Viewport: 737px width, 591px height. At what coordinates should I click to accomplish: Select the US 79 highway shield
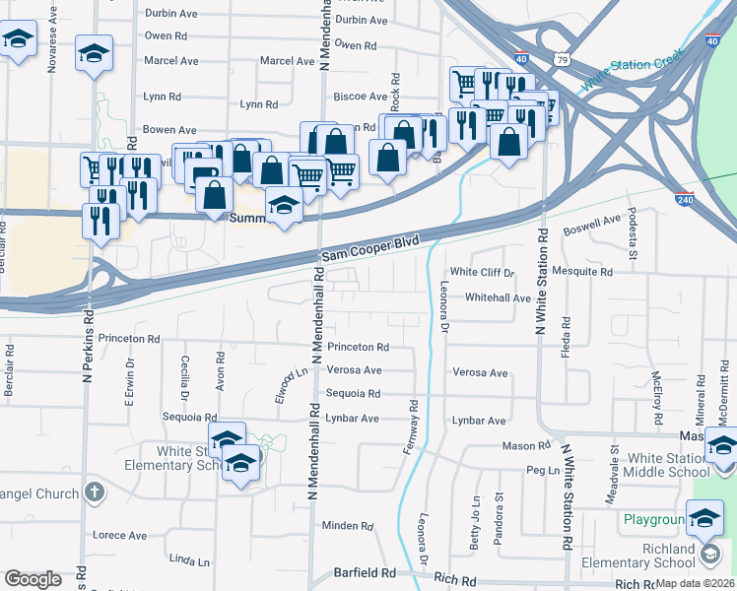point(561,60)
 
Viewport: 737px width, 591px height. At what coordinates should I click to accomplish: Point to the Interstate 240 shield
point(685,198)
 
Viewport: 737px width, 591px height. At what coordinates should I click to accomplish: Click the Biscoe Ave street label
point(361,97)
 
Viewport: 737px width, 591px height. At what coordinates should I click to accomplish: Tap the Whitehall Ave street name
point(499,297)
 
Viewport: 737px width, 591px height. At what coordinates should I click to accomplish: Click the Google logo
point(33,579)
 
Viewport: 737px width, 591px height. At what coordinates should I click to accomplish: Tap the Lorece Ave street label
point(119,536)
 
